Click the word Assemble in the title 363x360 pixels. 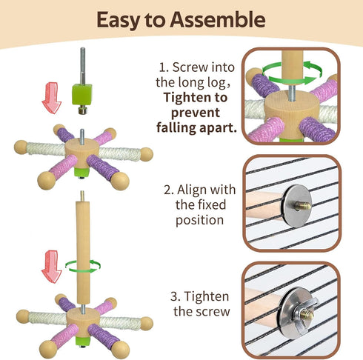[218, 19]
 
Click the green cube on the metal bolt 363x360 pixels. [82, 94]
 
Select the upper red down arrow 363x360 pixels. [52, 98]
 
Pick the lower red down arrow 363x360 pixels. [51, 267]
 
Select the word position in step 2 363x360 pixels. [199, 220]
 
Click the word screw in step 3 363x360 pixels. [214, 312]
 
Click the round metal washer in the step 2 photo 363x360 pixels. [297, 206]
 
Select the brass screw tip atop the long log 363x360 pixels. [82, 196]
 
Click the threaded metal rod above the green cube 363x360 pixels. [82, 66]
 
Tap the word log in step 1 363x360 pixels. [218, 83]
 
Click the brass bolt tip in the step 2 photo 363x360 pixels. [303, 206]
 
